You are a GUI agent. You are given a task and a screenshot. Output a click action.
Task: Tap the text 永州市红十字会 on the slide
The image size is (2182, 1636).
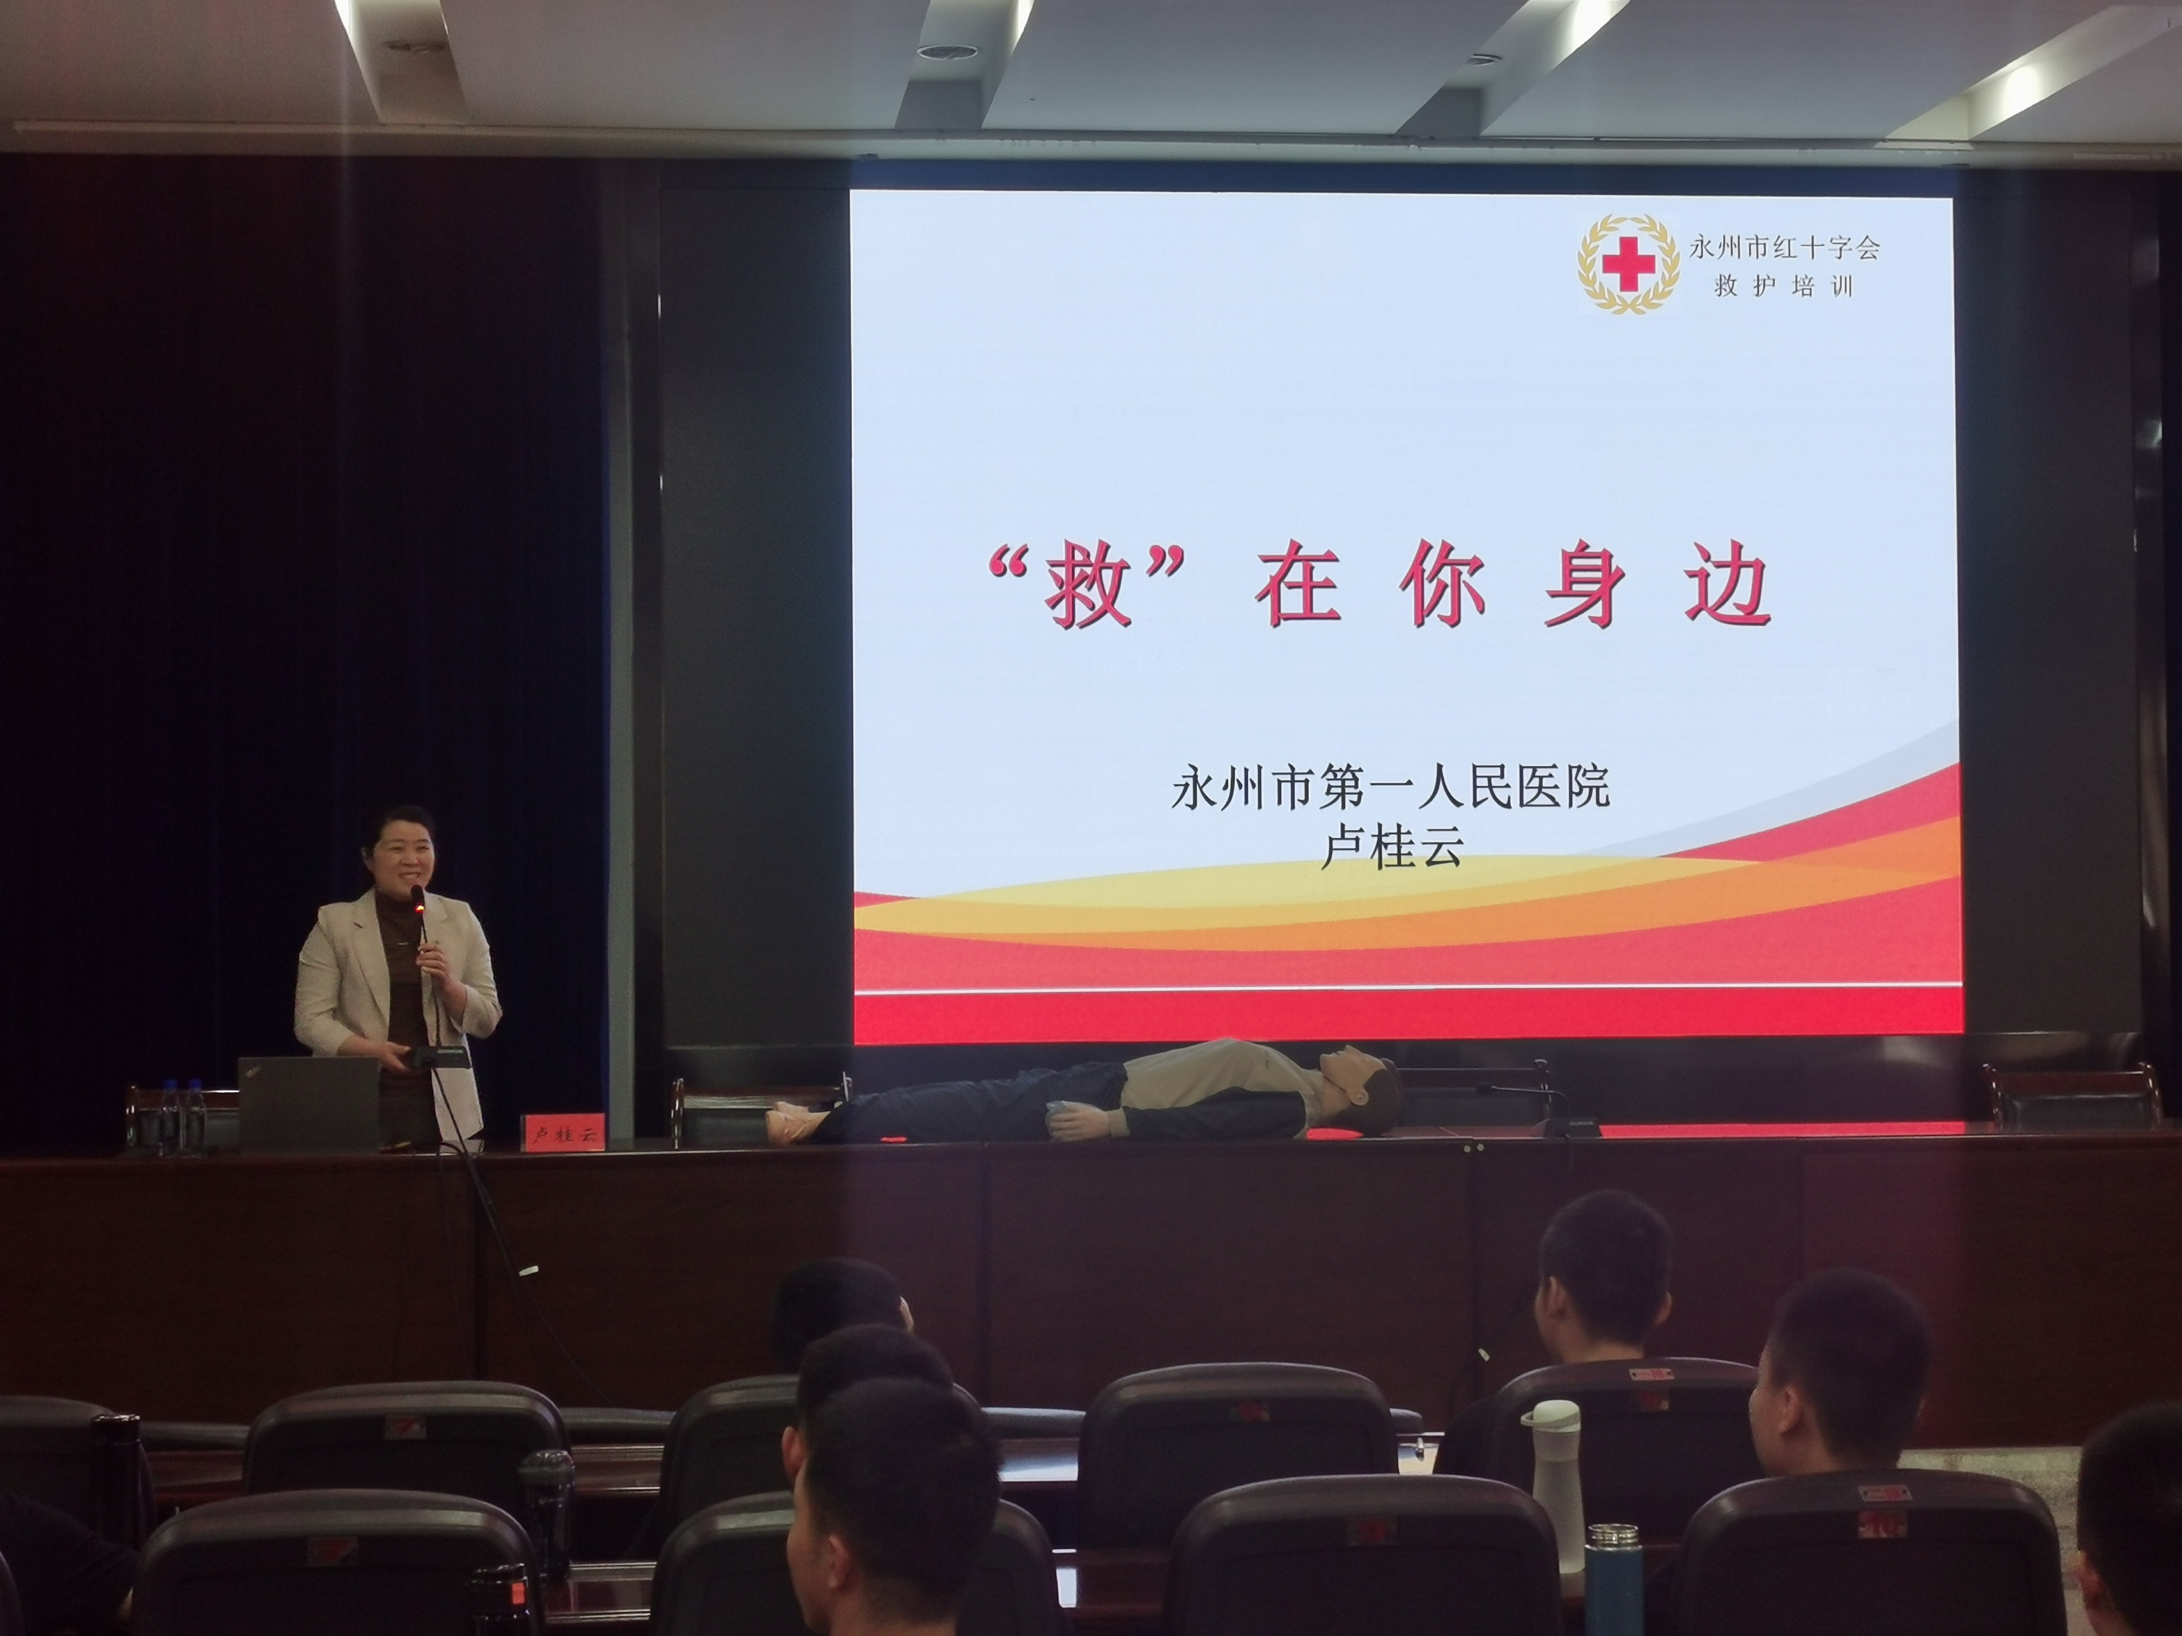(x=1784, y=246)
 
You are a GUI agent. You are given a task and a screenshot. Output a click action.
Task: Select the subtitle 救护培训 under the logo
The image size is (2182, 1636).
(x=1784, y=287)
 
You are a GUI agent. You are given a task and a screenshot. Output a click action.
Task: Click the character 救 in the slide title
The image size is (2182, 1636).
(x=1088, y=590)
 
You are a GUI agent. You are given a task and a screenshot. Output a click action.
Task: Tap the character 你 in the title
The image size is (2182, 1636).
(x=1441, y=589)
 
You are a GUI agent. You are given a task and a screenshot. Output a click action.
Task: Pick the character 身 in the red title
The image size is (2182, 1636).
(x=1585, y=589)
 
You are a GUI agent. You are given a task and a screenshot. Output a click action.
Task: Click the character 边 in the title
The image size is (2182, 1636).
(x=1727, y=589)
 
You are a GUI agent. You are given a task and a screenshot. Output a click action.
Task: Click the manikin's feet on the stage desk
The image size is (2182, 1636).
(x=794, y=1123)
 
